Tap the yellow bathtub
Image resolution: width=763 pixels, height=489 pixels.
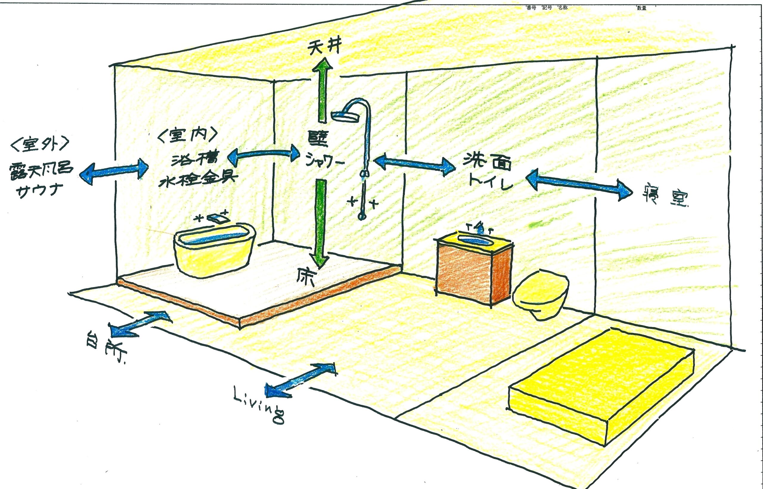coord(214,254)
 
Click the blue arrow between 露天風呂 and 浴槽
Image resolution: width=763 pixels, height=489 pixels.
coord(114,173)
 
